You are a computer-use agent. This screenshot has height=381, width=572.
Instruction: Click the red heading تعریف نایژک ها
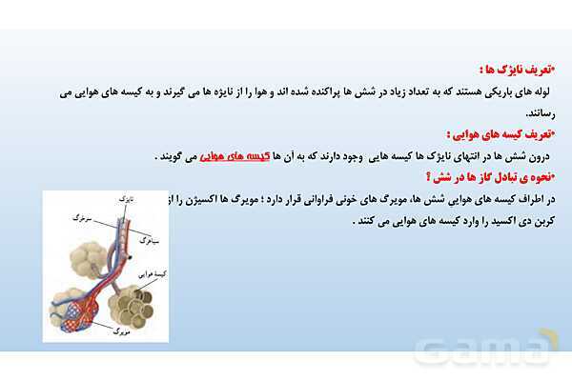[519, 70]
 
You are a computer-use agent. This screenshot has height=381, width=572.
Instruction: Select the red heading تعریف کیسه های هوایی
[505, 134]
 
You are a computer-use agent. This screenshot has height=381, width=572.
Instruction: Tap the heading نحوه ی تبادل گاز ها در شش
[496, 176]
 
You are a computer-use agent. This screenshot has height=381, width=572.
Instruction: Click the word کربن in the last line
[541, 221]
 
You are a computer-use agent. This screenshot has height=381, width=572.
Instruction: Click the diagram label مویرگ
[125, 328]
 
